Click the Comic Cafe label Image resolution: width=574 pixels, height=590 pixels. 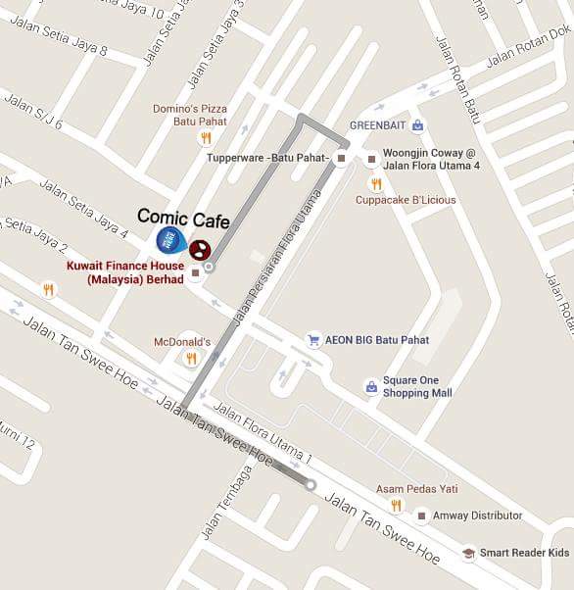click(183, 218)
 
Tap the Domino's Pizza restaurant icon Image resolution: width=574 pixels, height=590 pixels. click(205, 138)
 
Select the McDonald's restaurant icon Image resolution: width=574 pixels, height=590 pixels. click(191, 359)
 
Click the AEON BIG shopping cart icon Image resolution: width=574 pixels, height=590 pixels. click(313, 340)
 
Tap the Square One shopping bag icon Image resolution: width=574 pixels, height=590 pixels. click(371, 387)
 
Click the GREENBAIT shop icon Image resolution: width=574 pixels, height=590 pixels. click(417, 125)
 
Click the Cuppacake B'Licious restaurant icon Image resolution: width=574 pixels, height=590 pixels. click(375, 183)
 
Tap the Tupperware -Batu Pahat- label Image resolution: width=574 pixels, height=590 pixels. click(267, 157)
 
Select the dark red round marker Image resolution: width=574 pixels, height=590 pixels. click(199, 250)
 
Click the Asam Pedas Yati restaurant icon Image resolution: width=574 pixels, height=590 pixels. click(396, 505)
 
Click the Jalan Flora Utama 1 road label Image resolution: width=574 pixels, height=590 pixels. click(263, 432)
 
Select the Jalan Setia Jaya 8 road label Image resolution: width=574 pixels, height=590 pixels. click(68, 45)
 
